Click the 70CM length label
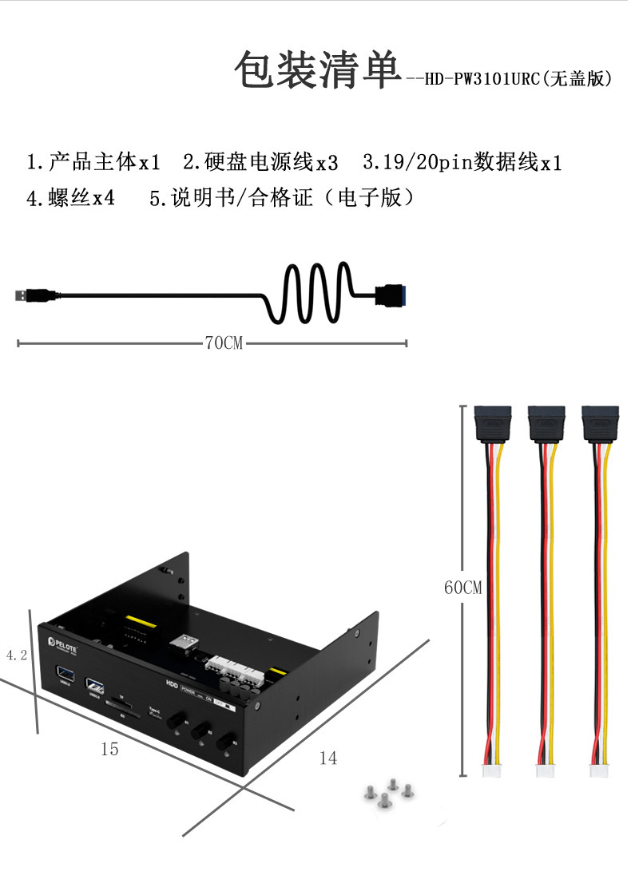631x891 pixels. point(224,343)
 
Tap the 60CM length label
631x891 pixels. point(463,588)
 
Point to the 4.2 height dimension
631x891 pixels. point(17,655)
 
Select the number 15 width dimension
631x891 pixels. point(109,749)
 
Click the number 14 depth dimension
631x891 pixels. point(328,758)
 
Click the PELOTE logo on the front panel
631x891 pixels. point(62,641)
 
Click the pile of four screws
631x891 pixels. point(387,794)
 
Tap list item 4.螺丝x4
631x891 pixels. point(71,198)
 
